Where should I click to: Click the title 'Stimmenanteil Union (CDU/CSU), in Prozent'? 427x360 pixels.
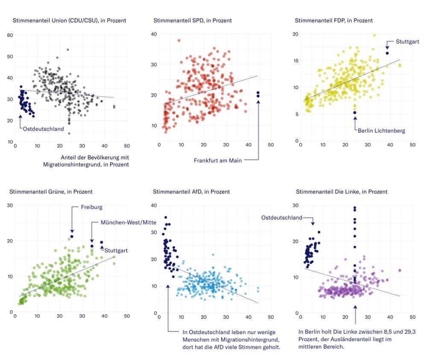(69, 20)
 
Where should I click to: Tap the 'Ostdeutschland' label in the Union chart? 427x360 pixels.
(43, 129)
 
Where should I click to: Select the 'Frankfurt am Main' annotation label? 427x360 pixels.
(217, 161)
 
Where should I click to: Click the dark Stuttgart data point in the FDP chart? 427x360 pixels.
(387, 53)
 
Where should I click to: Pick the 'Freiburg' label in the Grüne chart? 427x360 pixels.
(92, 207)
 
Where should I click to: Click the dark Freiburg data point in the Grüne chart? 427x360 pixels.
(72, 236)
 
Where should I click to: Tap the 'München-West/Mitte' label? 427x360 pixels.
(129, 222)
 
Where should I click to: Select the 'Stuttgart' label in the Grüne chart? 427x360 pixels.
(116, 250)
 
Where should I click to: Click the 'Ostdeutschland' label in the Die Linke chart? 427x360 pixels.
(281, 218)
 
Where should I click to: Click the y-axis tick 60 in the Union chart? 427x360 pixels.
(9, 35)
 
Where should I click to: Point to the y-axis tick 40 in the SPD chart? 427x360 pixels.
(154, 34)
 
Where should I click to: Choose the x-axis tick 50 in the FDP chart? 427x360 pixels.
(412, 145)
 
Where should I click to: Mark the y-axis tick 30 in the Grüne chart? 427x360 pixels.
(9, 205)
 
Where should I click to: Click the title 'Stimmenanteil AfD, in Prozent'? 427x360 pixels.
(191, 192)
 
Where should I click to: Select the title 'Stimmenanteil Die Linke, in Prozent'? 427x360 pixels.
(341, 192)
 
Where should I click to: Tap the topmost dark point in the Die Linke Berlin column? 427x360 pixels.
(354, 208)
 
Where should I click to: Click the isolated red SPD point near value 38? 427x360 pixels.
(178, 41)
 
